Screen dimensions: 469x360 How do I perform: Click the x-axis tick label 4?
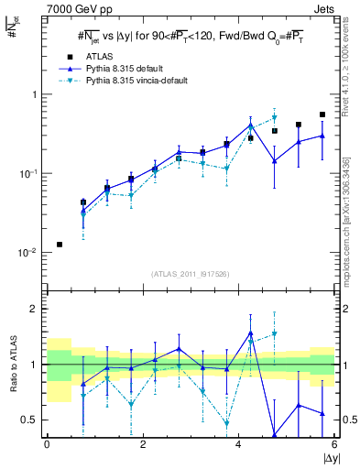point(238,445)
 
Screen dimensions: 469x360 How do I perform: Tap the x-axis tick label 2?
point(143,445)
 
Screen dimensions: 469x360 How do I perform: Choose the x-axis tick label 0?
point(47,445)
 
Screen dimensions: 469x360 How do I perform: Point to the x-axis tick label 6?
point(334,445)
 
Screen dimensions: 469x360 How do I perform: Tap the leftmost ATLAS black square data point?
point(60,245)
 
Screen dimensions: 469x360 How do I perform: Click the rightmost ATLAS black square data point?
point(322,115)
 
